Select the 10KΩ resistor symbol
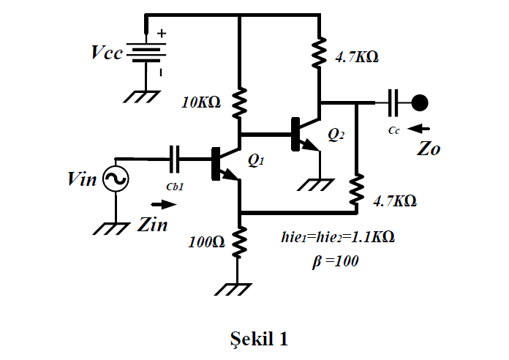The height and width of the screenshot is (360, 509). (240, 102)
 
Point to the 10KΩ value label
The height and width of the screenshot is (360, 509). (201, 103)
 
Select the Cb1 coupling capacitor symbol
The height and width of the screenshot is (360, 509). (174, 157)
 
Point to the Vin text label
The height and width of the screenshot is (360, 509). (82, 179)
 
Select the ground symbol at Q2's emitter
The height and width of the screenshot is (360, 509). (320, 185)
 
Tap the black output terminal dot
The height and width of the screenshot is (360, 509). (419, 102)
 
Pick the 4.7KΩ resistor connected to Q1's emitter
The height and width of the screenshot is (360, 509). (356, 190)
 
